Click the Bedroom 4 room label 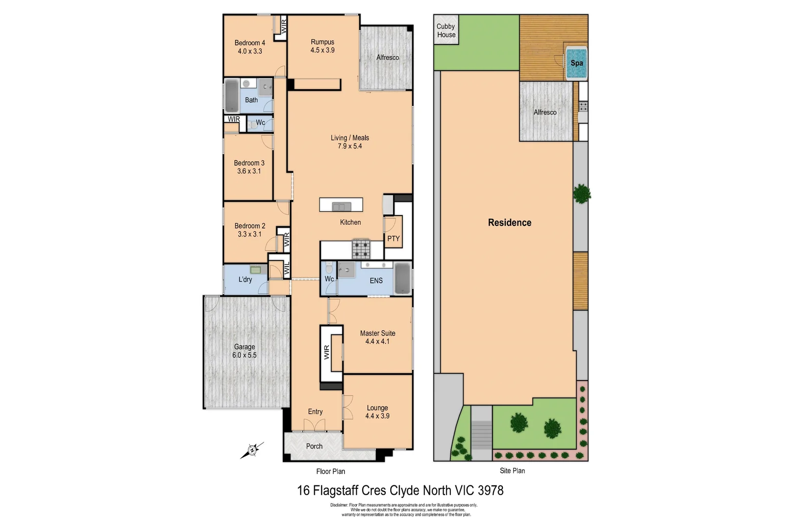pyautogui.click(x=249, y=43)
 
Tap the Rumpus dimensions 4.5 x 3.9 pyautogui.click(x=322, y=50)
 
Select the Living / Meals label pyautogui.click(x=349, y=138)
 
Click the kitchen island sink pyautogui.click(x=341, y=206)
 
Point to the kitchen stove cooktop pyautogui.click(x=361, y=248)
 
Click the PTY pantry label pyautogui.click(x=393, y=239)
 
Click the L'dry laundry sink pyautogui.click(x=255, y=269)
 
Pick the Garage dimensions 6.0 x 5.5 pyautogui.click(x=244, y=355)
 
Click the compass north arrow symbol pyautogui.click(x=252, y=450)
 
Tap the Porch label pyautogui.click(x=314, y=446)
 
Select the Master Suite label pyautogui.click(x=377, y=333)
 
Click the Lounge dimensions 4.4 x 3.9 pyautogui.click(x=377, y=416)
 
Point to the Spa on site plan pyautogui.click(x=576, y=63)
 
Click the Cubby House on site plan pyautogui.click(x=446, y=30)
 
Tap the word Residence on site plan pyautogui.click(x=509, y=222)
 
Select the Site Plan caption pyautogui.click(x=512, y=471)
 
